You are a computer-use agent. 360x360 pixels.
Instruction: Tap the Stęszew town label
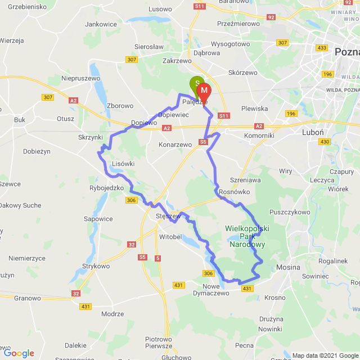click(167, 216)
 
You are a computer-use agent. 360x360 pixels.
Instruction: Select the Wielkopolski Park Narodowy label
click(247, 236)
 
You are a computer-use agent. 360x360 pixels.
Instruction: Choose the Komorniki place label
click(259, 136)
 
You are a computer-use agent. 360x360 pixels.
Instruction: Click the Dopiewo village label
click(143, 122)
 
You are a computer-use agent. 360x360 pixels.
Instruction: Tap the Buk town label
click(20, 120)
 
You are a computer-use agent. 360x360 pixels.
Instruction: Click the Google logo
click(19, 353)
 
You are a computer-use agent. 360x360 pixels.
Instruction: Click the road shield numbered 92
click(271, 17)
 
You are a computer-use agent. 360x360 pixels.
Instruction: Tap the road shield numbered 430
click(324, 142)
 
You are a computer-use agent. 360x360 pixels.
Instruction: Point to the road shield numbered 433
click(322, 48)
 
